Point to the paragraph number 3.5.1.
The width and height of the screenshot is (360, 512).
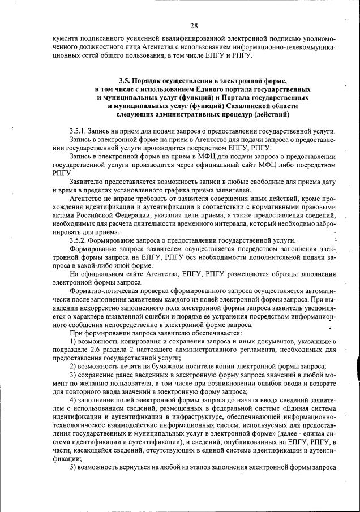(79, 131)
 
